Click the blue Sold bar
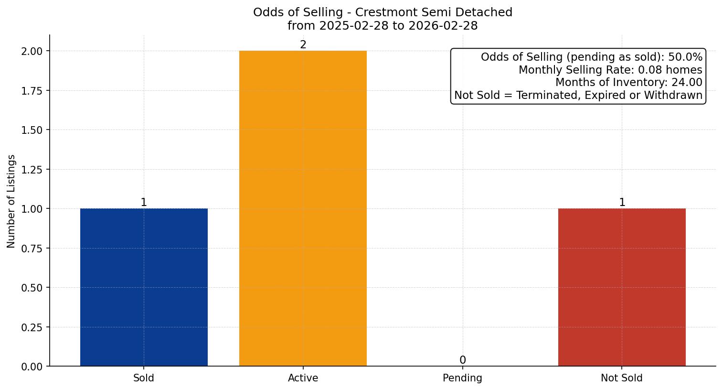pyautogui.click(x=144, y=287)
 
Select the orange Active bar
pyautogui.click(x=303, y=208)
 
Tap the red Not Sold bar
pyautogui.click(x=622, y=287)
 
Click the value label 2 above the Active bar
pyautogui.click(x=303, y=45)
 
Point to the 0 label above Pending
pyautogui.click(x=462, y=360)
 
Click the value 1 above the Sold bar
pyautogui.click(x=144, y=203)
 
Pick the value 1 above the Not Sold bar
pyautogui.click(x=622, y=203)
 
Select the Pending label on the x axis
pyautogui.click(x=462, y=378)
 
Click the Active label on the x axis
pyautogui.click(x=303, y=378)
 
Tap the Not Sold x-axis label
pyautogui.click(x=622, y=378)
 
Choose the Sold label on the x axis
pyautogui.click(x=144, y=378)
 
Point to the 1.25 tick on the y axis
pyautogui.click(x=32, y=170)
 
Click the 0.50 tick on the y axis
pyautogui.click(x=32, y=288)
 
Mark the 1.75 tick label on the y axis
pyautogui.click(x=32, y=91)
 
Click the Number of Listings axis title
pyautogui.click(x=11, y=201)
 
